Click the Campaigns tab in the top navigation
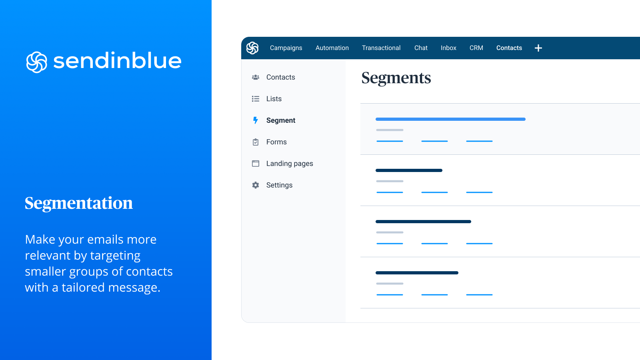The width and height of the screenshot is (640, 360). click(x=286, y=48)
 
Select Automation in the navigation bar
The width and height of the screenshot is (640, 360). click(x=332, y=48)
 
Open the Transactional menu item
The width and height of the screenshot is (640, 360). click(x=381, y=48)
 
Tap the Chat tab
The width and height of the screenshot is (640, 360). click(x=421, y=48)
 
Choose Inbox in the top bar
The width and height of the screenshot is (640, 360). click(x=448, y=48)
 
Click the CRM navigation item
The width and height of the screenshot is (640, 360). click(x=476, y=48)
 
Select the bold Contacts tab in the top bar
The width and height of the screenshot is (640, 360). click(x=509, y=48)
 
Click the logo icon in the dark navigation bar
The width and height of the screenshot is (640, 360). click(x=252, y=48)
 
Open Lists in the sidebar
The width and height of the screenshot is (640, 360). click(x=274, y=99)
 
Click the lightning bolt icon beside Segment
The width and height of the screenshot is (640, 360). click(x=256, y=120)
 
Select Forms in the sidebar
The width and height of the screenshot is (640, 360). click(x=276, y=142)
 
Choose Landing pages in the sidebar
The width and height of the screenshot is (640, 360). click(x=290, y=164)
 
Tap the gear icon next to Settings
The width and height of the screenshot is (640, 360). click(x=256, y=185)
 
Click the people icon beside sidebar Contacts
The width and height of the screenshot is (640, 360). click(x=256, y=77)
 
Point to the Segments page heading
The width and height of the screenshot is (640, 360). click(x=396, y=78)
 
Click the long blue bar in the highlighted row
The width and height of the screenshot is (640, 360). click(x=450, y=119)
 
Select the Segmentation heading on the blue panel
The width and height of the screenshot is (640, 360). click(x=79, y=204)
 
